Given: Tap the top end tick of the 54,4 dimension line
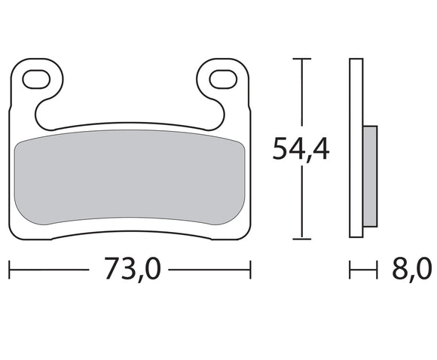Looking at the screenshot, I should (301, 59).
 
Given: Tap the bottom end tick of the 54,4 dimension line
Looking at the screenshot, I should (301, 239).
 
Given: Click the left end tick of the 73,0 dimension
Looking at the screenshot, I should (8, 269).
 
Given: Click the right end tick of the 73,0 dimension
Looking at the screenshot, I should (250, 269).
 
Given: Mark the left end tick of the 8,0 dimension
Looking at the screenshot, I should (351, 269).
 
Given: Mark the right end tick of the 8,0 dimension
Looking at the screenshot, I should (375, 269).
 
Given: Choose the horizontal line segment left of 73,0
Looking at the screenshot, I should (49, 269).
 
